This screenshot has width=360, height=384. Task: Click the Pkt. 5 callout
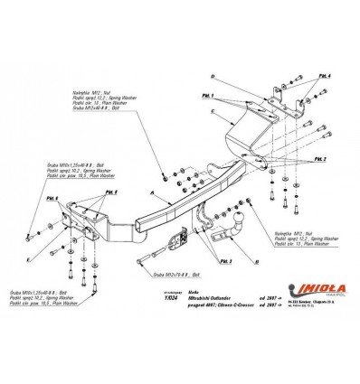pyautogui.click(x=111, y=192)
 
